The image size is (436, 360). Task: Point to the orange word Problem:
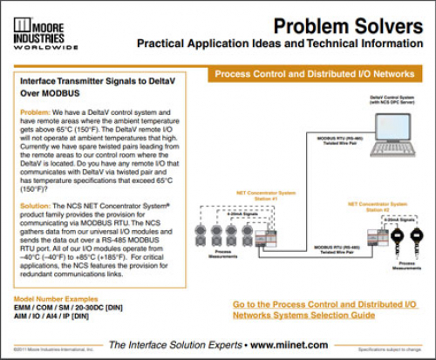34,112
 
